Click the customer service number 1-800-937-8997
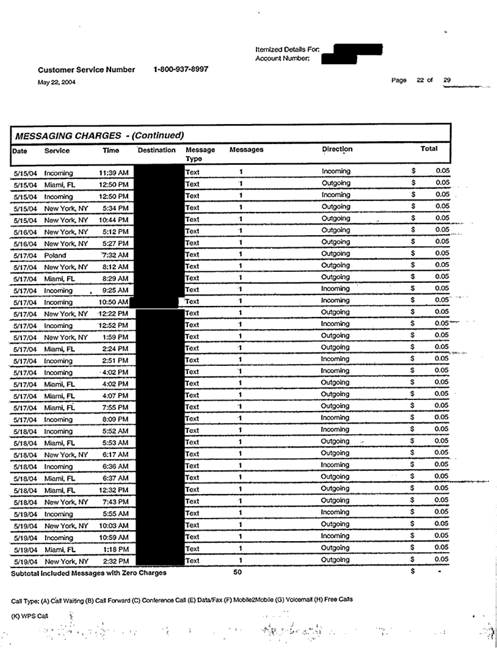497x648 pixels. (181, 69)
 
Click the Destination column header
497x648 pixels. (157, 150)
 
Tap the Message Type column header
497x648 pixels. (200, 154)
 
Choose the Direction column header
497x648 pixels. (337, 149)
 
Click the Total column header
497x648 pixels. (429, 148)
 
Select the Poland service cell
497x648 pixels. (56, 255)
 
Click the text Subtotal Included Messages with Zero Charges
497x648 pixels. (89, 573)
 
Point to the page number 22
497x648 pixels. (421, 80)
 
